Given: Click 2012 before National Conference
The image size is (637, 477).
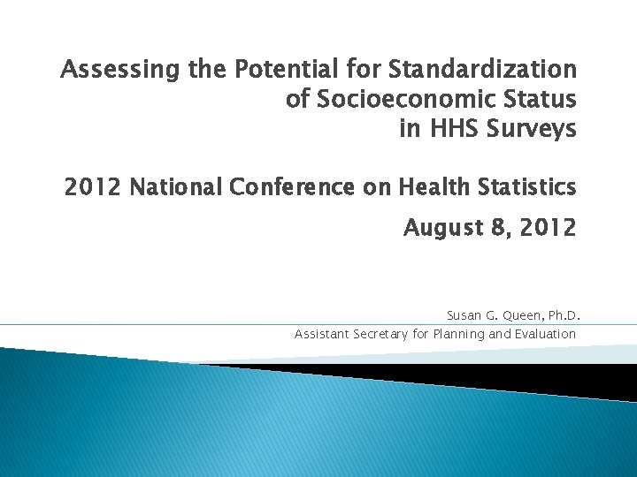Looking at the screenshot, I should pos(92,187).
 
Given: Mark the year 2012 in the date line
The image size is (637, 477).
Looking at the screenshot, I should pos(545,228).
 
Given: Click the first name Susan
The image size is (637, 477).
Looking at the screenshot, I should pos(464,315).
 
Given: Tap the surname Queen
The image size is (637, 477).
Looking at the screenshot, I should pos(520,315).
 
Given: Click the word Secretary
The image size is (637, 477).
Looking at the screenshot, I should pos(379,334).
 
